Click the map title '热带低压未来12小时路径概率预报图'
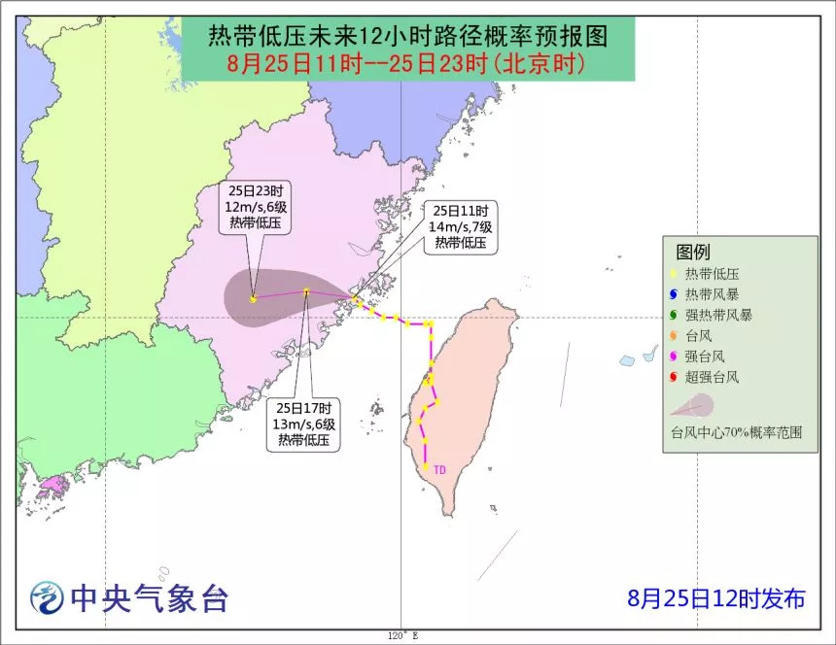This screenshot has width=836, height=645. click(x=407, y=37)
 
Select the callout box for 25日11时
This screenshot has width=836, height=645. click(x=461, y=227)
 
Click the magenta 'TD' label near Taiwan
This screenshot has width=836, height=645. click(x=439, y=470)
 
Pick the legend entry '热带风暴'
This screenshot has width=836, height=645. click(x=712, y=294)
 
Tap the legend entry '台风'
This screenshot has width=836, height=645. click(x=700, y=335)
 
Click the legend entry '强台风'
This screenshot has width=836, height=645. click(x=706, y=356)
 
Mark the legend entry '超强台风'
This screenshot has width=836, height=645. click(x=712, y=376)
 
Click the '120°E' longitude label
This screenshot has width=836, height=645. click(x=401, y=635)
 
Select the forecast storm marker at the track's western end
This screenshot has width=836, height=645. click(x=253, y=299)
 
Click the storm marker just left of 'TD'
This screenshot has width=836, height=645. click(x=425, y=468)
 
